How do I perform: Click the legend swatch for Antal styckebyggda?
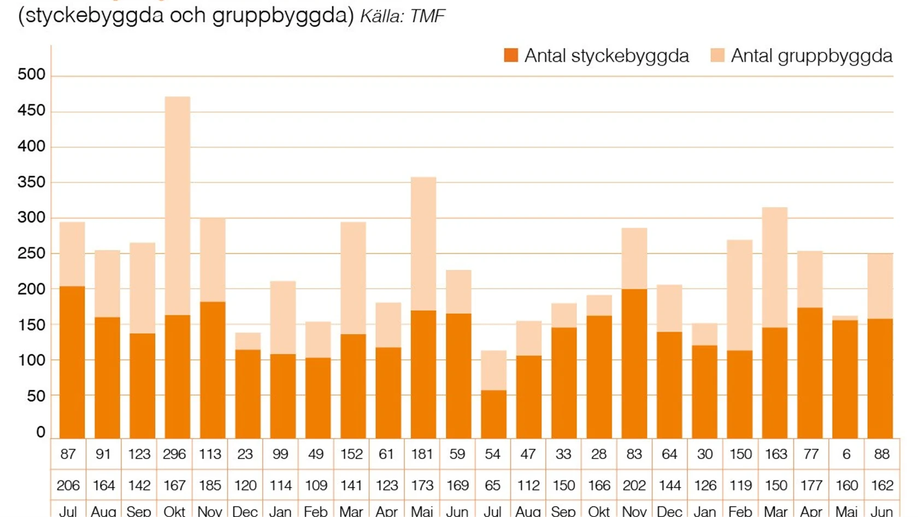[511, 56]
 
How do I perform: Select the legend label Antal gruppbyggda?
[811, 56]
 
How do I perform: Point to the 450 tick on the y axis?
[31, 111]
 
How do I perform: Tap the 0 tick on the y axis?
[40, 432]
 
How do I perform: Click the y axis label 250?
[31, 254]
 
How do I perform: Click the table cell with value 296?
[174, 454]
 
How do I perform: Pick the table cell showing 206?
[68, 485]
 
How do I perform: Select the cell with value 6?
[846, 454]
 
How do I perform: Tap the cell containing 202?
[634, 485]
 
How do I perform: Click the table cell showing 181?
[422, 454]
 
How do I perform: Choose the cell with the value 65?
[492, 485]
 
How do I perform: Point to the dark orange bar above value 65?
[493, 414]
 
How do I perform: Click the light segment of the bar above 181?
[423, 243]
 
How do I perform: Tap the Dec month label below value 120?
[245, 512]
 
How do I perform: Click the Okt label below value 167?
[174, 512]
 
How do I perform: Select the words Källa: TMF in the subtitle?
[403, 16]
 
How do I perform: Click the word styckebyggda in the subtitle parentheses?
[95, 15]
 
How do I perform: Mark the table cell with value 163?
[775, 454]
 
